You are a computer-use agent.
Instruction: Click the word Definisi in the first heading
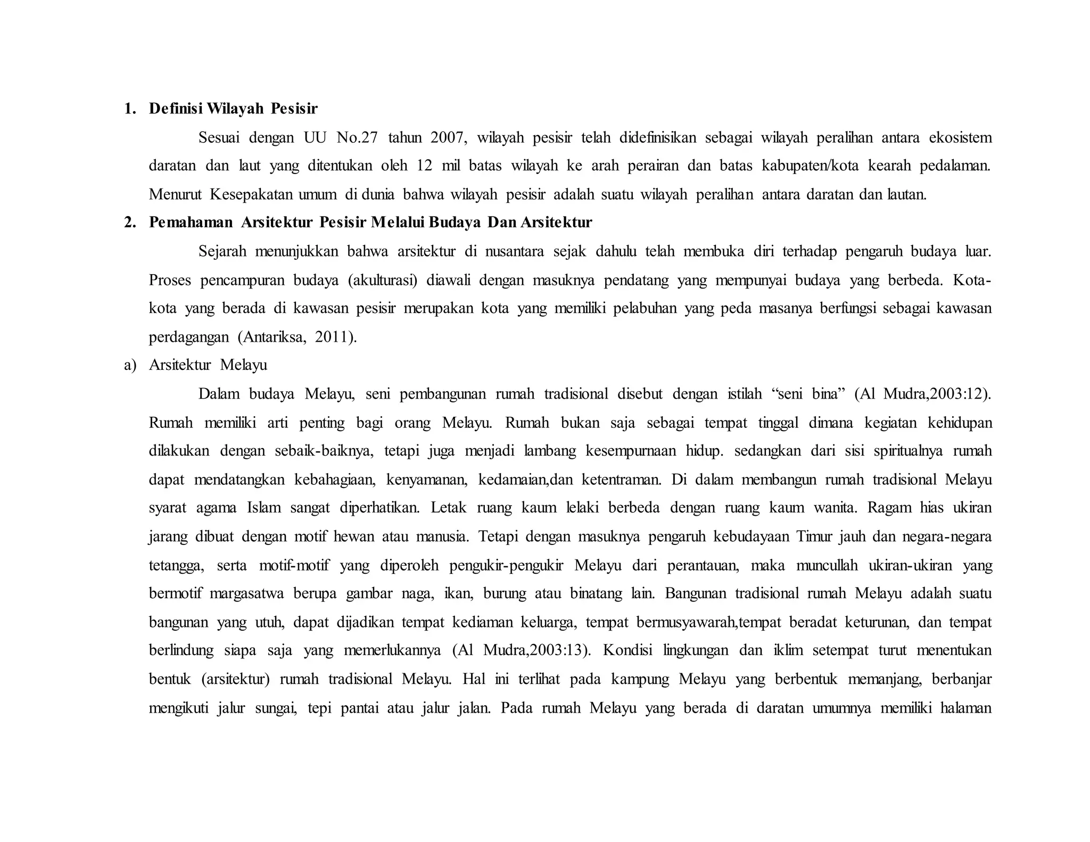tap(175, 109)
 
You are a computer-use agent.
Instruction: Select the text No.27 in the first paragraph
tap(357, 137)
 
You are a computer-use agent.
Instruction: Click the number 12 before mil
tap(424, 166)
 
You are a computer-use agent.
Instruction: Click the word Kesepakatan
tap(251, 194)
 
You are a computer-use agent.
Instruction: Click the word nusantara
tap(514, 251)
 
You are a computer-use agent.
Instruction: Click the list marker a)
tap(130, 365)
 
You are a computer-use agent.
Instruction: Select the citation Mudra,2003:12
tap(935, 394)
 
